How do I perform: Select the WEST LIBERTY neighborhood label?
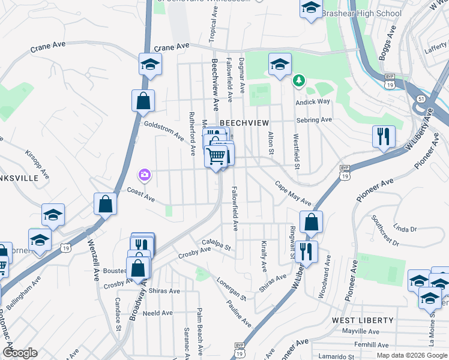click(x=363, y=320)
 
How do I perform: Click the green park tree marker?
click(x=298, y=80)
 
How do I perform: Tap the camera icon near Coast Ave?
click(x=145, y=175)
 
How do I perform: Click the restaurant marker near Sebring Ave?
click(x=382, y=136)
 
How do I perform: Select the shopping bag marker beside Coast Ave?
click(x=106, y=203)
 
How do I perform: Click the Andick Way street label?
click(x=312, y=101)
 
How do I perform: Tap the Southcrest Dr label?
click(x=385, y=231)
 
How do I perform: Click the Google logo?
click(x=20, y=353)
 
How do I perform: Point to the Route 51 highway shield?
click(x=421, y=98)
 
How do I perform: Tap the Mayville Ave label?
click(x=361, y=331)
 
